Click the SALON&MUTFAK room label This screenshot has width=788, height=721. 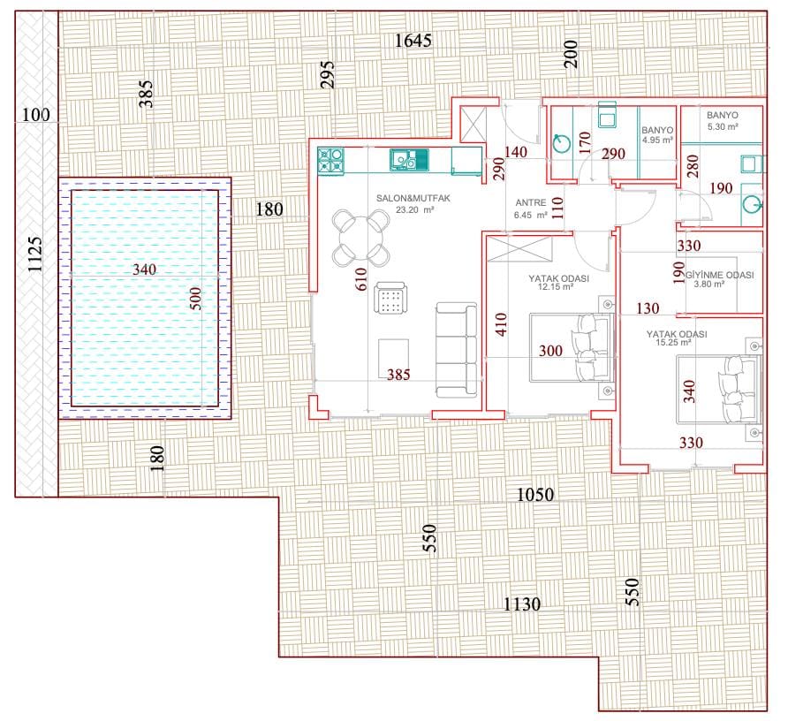[x=413, y=198]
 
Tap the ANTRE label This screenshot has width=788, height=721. [x=531, y=202]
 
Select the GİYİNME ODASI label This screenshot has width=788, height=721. [x=720, y=275]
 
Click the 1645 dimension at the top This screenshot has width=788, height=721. [x=413, y=41]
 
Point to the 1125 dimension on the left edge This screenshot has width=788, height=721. [x=34, y=254]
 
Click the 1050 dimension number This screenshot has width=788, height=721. [x=535, y=495]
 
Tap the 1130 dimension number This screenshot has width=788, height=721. [x=522, y=603]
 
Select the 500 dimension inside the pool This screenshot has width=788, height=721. [x=195, y=298]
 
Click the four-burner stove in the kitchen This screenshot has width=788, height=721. [x=330, y=161]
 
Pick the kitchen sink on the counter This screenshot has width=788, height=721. [x=409, y=159]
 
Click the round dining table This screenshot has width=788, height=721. [x=360, y=239]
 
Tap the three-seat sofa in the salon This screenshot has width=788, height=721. [x=457, y=350]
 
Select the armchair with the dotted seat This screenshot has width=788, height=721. [x=390, y=298]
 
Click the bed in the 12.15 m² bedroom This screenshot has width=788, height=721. [x=572, y=347]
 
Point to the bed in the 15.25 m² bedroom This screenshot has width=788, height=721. [x=718, y=390]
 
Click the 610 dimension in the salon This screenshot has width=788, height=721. [x=360, y=279]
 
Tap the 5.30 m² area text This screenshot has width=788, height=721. [x=723, y=126]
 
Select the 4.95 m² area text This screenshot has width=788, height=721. [x=657, y=140]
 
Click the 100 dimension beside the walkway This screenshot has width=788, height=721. [x=35, y=115]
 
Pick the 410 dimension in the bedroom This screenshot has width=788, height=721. [x=501, y=323]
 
